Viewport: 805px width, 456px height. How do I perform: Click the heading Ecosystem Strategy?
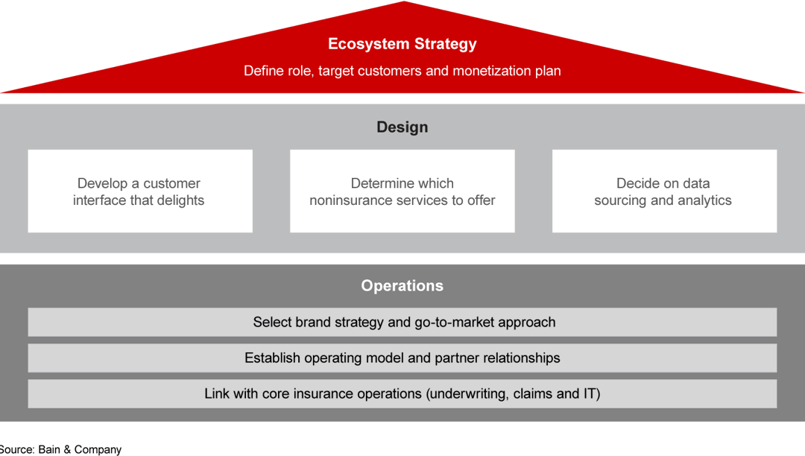coord(402,44)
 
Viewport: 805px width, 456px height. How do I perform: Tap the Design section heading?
coord(402,127)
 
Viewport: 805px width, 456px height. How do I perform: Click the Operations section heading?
coord(402,286)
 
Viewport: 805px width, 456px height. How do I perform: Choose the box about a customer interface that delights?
coord(140,191)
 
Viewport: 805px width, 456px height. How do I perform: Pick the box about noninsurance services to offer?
coord(402,191)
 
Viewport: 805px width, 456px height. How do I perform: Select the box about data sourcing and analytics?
coord(664,191)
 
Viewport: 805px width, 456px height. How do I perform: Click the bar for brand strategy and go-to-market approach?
coord(402,323)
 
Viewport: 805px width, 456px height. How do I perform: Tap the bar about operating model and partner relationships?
coord(402,358)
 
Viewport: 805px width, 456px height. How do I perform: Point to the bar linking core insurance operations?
coord(402,394)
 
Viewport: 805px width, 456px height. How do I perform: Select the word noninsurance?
coord(350,200)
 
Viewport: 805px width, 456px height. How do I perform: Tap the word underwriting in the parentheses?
coord(467,394)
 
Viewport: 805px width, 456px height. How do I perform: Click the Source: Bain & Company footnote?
coord(60,450)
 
